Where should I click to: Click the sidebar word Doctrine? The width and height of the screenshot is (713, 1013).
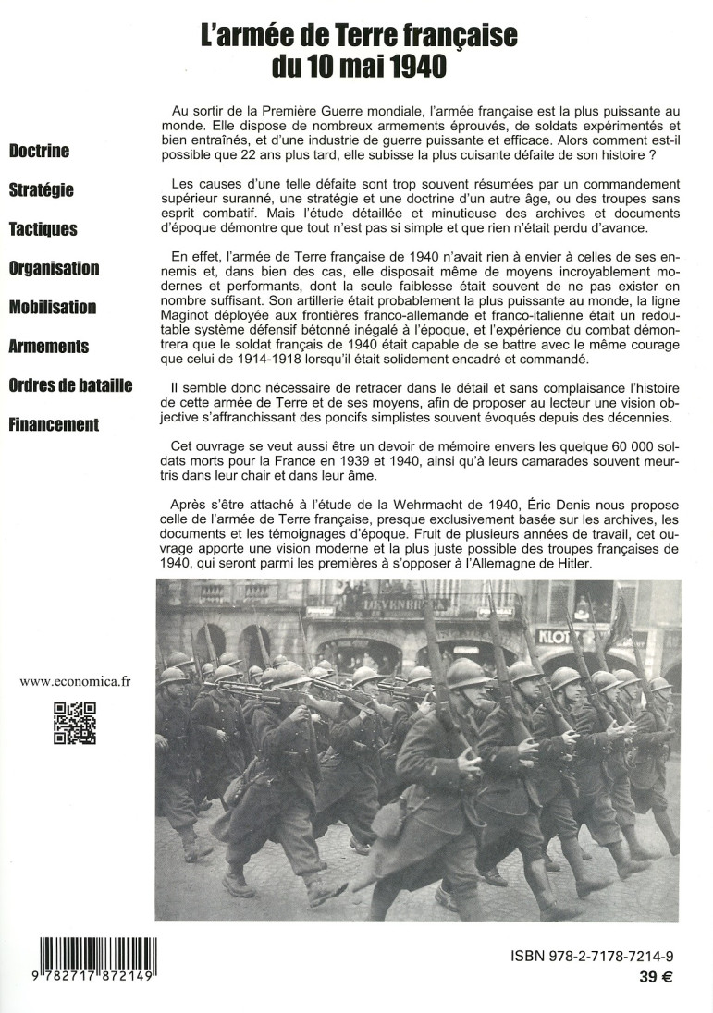pos(39,152)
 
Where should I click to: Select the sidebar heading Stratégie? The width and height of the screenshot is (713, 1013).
pos(41,190)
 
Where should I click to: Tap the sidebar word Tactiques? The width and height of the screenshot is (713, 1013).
pos(43,229)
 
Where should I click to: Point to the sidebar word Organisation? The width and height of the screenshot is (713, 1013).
pos(54,268)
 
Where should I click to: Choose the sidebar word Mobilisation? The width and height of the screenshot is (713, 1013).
pos(53,307)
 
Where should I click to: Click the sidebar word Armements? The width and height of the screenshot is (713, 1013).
pos(49,347)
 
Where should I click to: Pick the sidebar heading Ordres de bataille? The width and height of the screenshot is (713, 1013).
pos(70,385)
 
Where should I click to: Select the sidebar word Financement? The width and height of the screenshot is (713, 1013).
pos(54,425)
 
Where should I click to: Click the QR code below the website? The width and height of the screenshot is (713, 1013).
pos(75,724)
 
